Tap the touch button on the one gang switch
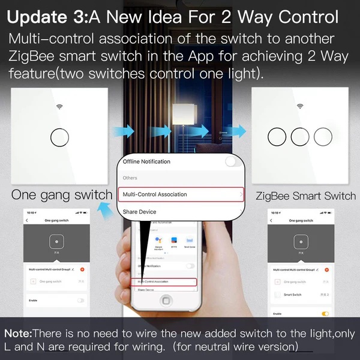(x=59, y=137)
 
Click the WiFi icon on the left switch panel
(x=59, y=107)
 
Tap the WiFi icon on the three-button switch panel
(x=300, y=107)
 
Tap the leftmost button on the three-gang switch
(x=277, y=137)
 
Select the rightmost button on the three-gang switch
(x=322, y=137)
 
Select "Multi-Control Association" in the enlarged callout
(x=155, y=194)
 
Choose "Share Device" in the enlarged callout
(x=139, y=212)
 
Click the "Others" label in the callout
(x=130, y=178)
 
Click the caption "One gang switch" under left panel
(x=62, y=195)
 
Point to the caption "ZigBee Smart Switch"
(x=305, y=196)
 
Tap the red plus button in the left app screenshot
(x=82, y=269)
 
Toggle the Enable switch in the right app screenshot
(x=325, y=313)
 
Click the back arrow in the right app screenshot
(x=273, y=221)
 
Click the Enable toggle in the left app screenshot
(x=80, y=299)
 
